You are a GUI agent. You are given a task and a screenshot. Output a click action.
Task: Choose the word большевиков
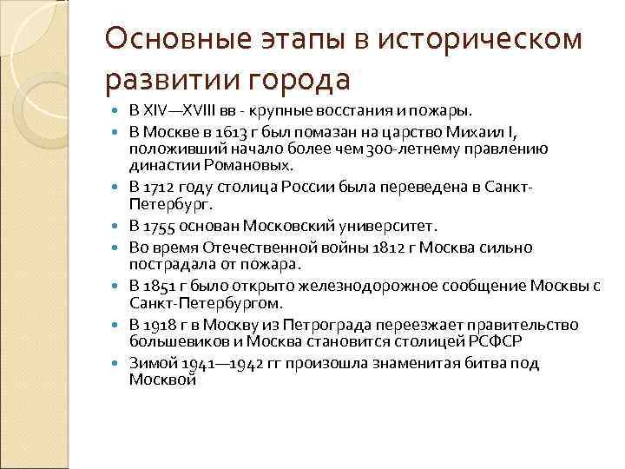point(171,340)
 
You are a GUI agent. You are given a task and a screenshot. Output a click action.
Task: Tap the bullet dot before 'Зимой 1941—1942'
point(119,364)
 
